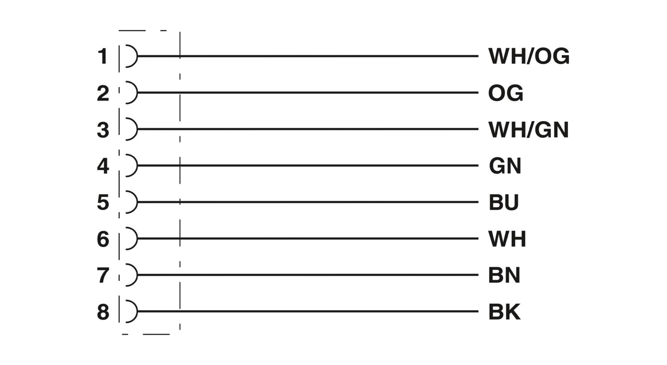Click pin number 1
[103, 57]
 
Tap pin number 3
[103, 130]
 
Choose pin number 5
[103, 203]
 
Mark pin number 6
[103, 239]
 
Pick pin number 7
[103, 276]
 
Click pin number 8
[103, 312]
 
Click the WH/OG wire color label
[529, 56]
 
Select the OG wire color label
[506, 93]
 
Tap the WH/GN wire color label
[529, 130]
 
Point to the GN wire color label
[505, 166]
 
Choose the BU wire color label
[504, 203]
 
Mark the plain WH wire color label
[507, 239]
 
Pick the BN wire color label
[504, 275]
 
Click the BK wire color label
[504, 312]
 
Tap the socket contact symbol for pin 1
[137, 56]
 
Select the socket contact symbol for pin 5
[137, 202]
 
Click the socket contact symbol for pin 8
[137, 312]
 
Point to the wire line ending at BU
[308, 202]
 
